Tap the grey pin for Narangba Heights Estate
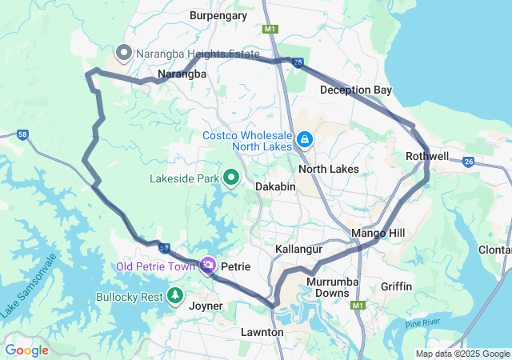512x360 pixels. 124,54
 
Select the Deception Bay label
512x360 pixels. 356,90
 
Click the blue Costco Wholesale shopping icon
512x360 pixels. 304,141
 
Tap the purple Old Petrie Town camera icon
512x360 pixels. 209,265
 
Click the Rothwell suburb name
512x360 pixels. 427,156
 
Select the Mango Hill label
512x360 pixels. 378,234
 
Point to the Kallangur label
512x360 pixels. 298,250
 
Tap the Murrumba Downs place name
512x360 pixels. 328,287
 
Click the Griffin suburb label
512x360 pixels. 397,286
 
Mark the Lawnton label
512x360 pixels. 262,332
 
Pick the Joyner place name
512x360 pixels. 206,306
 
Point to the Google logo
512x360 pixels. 27,350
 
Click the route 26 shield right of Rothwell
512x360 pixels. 469,162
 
